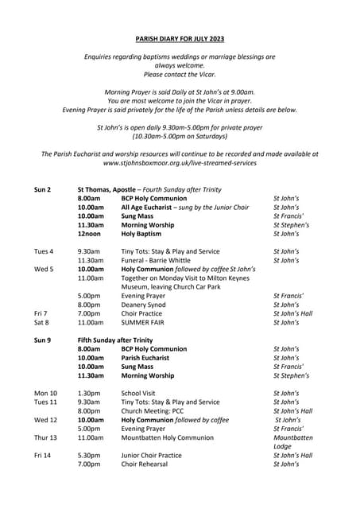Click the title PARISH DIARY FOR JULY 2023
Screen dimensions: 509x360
[180, 37]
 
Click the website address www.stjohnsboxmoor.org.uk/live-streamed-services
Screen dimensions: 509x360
[180, 163]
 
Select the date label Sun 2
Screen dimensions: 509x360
[43, 190]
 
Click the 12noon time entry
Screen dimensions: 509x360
[90, 235]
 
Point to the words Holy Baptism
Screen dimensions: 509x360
[147, 235]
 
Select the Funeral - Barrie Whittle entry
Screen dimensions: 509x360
[156, 260]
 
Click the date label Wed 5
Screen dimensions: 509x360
[45, 270]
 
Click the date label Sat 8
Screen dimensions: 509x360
[43, 323]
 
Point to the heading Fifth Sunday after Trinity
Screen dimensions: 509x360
[115, 340]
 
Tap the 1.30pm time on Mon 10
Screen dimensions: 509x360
[89, 393]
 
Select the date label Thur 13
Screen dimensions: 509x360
[45, 437]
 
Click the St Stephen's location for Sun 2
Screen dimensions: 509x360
[291, 225]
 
